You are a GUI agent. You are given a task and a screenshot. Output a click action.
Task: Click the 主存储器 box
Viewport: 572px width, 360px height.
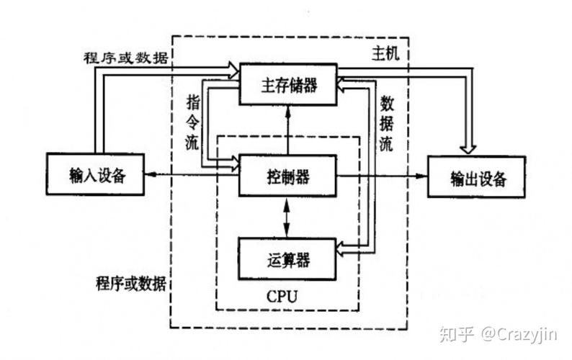pos(288,85)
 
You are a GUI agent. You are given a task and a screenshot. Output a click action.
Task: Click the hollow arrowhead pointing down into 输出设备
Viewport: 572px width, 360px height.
pos(468,147)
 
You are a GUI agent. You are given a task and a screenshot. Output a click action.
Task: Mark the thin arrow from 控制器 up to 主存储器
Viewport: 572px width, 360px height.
pos(287,130)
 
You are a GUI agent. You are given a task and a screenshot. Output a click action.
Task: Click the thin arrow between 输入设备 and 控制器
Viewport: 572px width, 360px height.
pos(190,175)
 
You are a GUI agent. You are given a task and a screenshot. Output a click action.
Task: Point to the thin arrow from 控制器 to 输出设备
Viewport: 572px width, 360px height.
pos(382,175)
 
